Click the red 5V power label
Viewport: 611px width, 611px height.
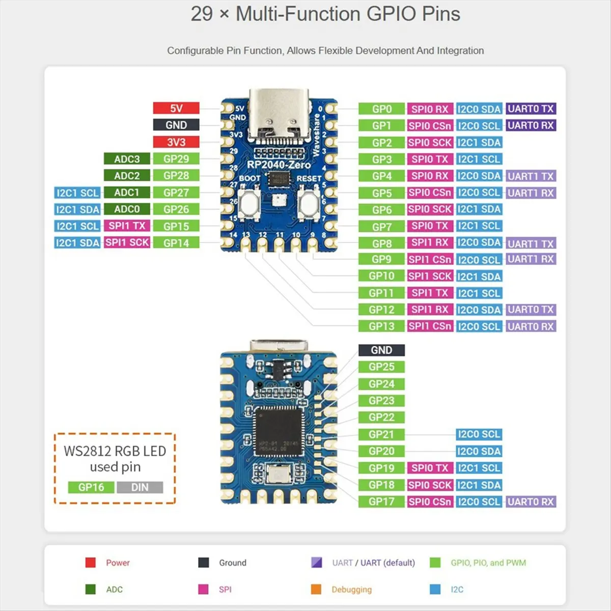(176, 108)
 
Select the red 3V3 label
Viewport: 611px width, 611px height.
(176, 142)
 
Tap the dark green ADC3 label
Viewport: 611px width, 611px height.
(127, 159)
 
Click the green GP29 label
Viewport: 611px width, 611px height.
(176, 159)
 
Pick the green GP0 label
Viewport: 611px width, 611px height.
(381, 108)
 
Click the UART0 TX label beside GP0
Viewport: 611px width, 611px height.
(531, 108)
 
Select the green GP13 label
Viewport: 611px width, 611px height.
(381, 326)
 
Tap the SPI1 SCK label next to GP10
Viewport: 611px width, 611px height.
(430, 276)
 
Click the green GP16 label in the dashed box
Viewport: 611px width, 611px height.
(91, 487)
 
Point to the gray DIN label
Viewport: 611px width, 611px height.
(140, 487)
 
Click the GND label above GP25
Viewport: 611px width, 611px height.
(381, 350)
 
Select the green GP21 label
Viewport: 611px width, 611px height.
(381, 434)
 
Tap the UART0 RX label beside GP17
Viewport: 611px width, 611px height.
(531, 502)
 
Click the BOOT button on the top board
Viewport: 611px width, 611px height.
(249, 204)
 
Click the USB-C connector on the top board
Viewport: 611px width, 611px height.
(279, 115)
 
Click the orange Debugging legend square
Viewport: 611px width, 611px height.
(316, 589)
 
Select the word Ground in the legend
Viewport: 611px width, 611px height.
(233, 563)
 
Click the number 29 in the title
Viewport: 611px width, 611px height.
(202, 14)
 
